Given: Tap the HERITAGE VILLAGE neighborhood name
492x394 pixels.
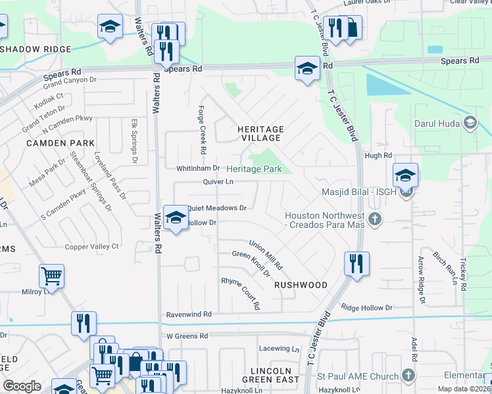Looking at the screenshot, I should tap(260, 133).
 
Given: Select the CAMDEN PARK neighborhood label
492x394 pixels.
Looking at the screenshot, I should tap(61, 142).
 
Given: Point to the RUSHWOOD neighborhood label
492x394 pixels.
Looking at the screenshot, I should tap(301, 285).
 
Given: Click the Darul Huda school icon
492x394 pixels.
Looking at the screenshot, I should tap(470, 123).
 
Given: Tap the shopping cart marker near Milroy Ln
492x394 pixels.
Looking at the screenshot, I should tap(51, 276).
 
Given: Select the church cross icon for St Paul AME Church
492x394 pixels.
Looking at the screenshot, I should tap(408, 376).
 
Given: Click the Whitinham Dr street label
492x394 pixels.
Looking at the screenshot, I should tap(197, 169).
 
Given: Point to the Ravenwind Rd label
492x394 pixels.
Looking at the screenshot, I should tap(188, 315).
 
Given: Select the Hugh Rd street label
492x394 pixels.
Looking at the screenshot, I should tap(378, 156).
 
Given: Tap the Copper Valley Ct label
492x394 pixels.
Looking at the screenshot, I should tap(91, 246).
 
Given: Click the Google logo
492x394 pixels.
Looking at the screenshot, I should tap(22, 386).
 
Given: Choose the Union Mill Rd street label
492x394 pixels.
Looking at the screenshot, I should tap(266, 256).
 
